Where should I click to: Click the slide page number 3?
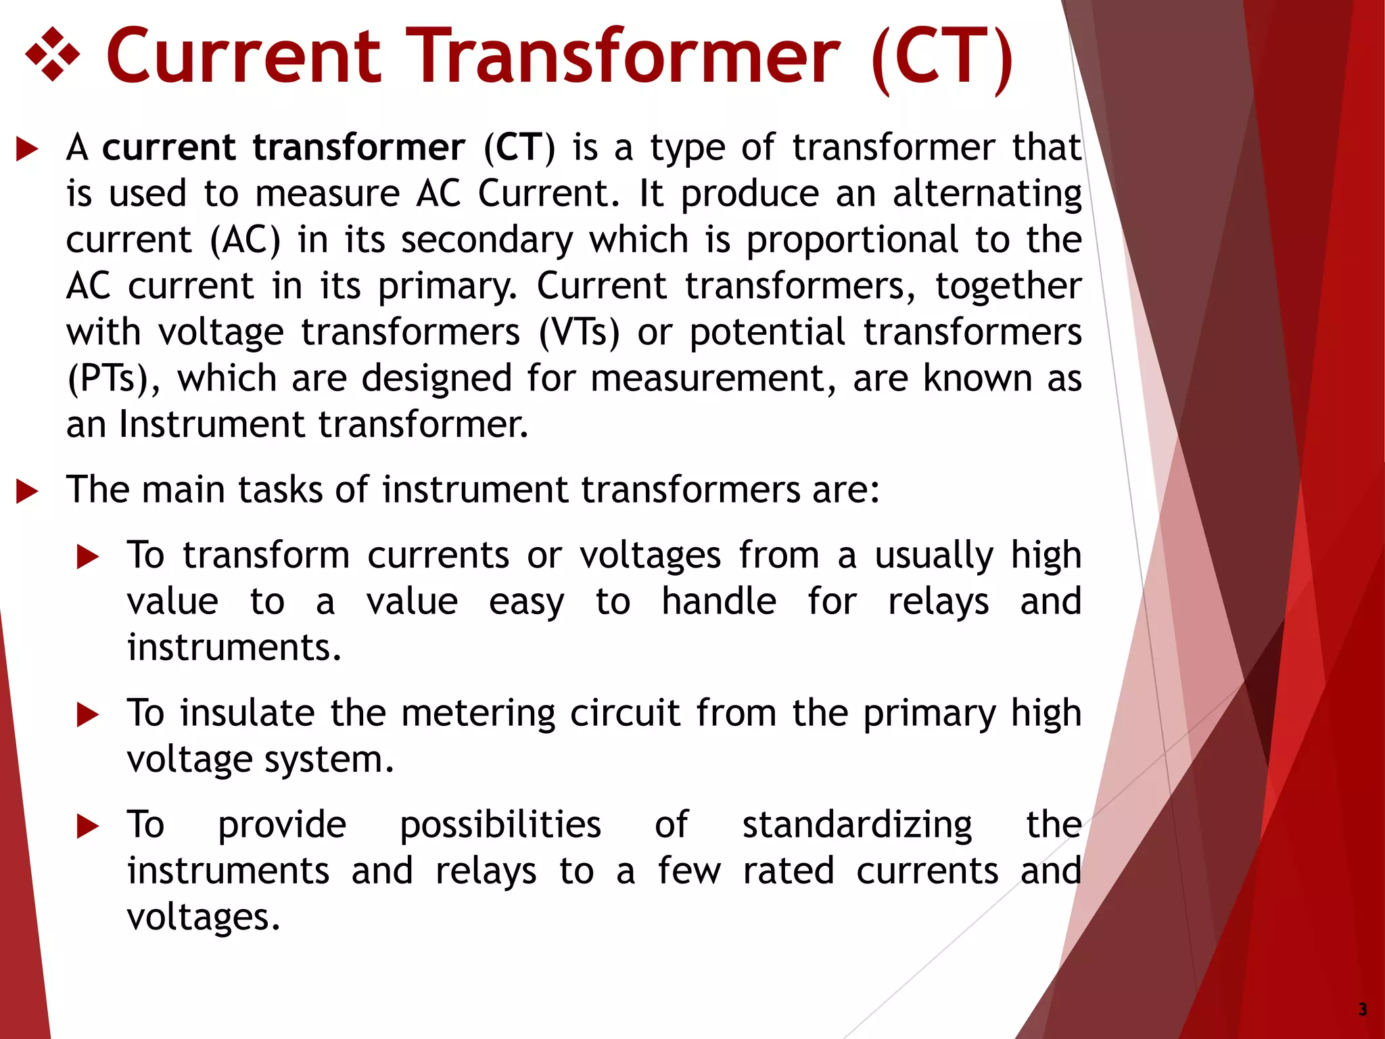tap(1362, 1009)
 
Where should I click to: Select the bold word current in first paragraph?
tap(168, 148)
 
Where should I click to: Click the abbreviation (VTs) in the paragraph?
tap(579, 333)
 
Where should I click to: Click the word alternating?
tap(987, 194)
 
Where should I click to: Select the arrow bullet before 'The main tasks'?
tap(27, 492)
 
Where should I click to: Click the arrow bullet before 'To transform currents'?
tap(88, 557)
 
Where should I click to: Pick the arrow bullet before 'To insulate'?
tap(88, 715)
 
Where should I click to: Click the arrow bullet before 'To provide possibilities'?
tap(88, 827)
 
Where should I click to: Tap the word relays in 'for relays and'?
tap(938, 602)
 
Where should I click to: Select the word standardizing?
tap(857, 826)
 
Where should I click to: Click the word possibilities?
tap(500, 826)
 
